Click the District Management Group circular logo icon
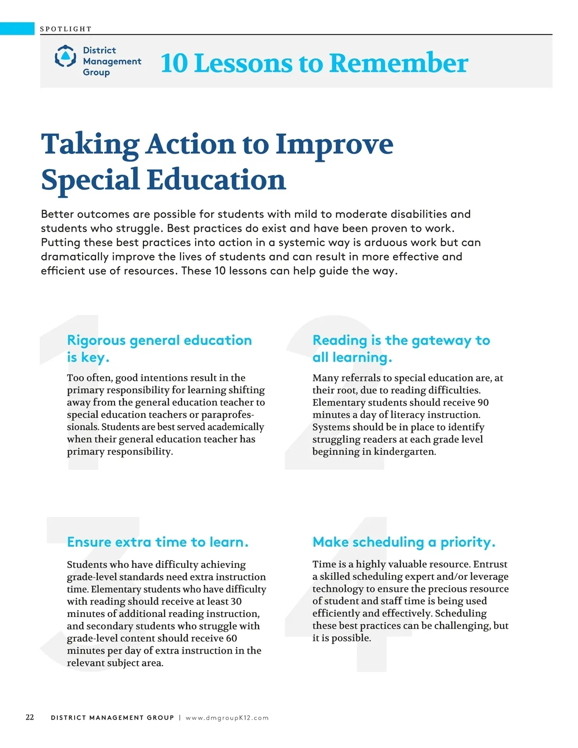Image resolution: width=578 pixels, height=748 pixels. (65, 56)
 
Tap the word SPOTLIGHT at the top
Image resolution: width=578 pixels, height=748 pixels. (66, 29)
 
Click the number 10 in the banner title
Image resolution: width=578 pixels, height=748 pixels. (174, 63)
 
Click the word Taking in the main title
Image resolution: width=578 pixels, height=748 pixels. (90, 144)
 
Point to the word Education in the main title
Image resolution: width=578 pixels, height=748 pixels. (216, 180)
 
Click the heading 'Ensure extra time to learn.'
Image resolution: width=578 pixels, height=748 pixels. (158, 542)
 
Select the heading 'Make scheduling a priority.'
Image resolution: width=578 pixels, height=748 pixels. (404, 542)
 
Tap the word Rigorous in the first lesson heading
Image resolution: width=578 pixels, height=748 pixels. (96, 341)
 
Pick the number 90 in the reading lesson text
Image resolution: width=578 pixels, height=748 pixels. (483, 403)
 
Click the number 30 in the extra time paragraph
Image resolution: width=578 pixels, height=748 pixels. (236, 602)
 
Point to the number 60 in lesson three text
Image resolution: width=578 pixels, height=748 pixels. (231, 638)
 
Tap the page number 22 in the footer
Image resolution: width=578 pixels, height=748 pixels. (30, 717)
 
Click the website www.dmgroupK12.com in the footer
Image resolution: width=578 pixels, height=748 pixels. (227, 718)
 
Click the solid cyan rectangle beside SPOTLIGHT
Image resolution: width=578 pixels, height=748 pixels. (17, 28)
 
